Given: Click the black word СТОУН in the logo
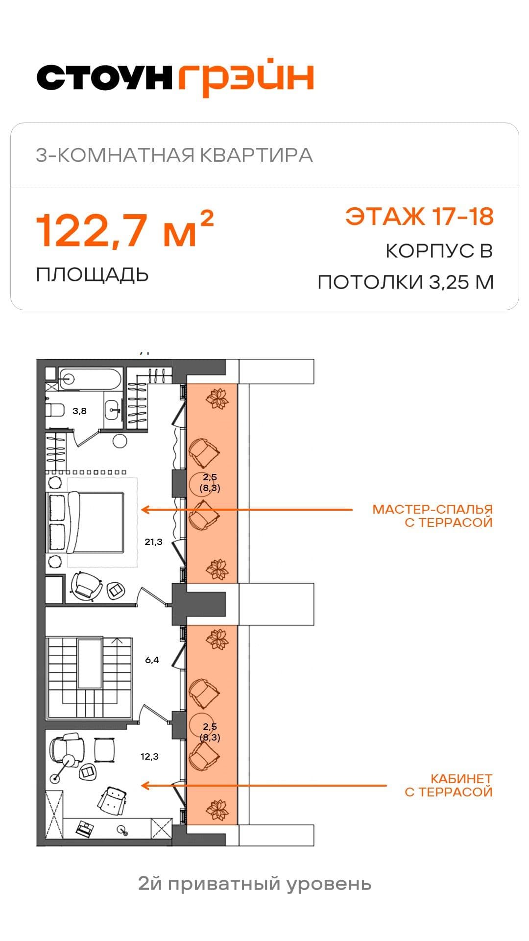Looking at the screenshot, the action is [104, 77].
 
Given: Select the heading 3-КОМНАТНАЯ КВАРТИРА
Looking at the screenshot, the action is [174, 155].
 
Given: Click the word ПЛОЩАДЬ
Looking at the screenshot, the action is [93, 275].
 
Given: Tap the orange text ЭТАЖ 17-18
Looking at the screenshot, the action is [420, 216].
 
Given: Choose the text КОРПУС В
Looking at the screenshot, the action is [439, 251].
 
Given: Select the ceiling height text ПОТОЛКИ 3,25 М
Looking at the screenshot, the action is [406, 282].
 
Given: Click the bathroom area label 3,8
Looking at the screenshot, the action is [79, 411].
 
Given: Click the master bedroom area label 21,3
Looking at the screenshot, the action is [153, 542].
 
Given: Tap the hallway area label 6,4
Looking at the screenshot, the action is [152, 660].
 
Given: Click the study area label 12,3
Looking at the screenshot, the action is [149, 756].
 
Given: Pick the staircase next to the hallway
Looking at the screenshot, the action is [89, 677].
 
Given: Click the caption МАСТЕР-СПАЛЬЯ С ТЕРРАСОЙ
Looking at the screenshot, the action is [433, 516].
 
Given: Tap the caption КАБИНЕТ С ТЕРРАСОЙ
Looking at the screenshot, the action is [449, 785].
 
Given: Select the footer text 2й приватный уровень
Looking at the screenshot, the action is [255, 884].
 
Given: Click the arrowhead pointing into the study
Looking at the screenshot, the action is [144, 786].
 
